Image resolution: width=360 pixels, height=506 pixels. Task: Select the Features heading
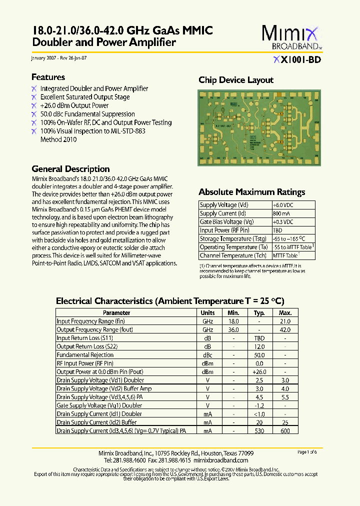pos(48,77)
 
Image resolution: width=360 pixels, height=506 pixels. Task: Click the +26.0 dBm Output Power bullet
pos(74,105)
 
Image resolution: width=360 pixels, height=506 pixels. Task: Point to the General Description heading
pos(70,169)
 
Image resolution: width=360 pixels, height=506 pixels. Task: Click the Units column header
pos(207,313)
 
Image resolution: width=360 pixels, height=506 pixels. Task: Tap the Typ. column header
pos(259,313)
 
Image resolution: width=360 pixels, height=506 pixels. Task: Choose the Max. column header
pos(285,313)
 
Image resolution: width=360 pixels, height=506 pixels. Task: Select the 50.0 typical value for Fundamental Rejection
pos(259,355)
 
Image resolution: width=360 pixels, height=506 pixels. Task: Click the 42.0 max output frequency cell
pos(285,330)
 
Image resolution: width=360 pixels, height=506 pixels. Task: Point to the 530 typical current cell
pos(259,430)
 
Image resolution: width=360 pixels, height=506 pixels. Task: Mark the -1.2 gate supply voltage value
pos(259,405)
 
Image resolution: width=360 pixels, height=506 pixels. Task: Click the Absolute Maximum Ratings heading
pos(251,192)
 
